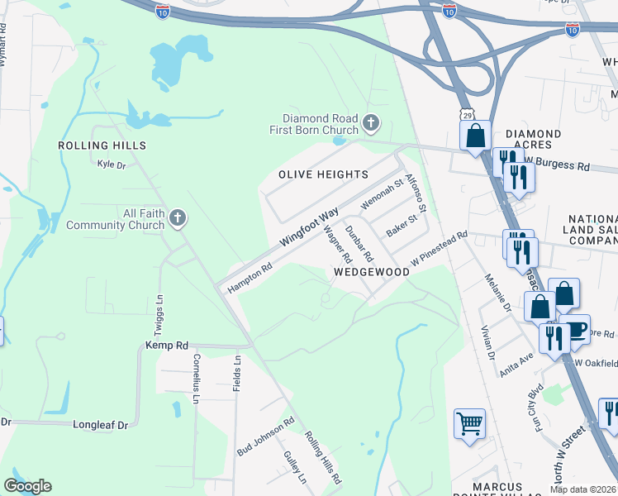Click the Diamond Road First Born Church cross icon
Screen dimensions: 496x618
point(371,124)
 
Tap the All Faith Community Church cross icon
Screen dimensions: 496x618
point(176,218)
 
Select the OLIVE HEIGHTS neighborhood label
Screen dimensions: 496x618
point(323,174)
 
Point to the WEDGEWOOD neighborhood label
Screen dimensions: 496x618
point(372,272)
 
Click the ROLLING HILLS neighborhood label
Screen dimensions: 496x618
point(102,145)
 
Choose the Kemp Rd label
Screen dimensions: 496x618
point(167,346)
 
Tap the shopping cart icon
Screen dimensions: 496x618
point(469,424)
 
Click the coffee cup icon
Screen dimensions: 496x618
point(576,329)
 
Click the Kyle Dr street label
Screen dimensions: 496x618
point(111,165)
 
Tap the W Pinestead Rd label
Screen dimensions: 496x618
point(440,246)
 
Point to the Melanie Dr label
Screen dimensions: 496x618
point(499,292)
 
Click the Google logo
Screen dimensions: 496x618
point(27,486)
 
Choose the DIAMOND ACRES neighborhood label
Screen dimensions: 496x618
point(534,140)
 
